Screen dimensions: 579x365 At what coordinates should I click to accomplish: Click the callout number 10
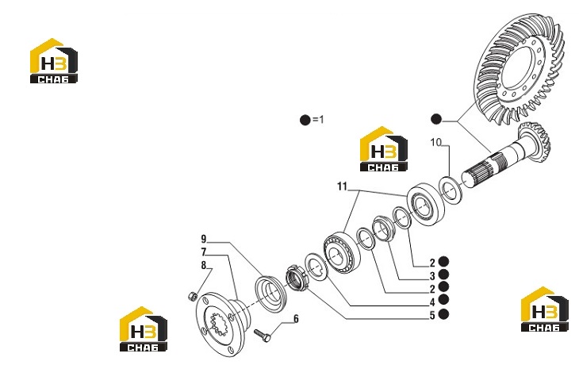[435, 142]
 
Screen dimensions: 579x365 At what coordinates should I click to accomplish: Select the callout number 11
[343, 186]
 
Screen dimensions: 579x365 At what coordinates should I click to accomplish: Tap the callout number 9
[204, 239]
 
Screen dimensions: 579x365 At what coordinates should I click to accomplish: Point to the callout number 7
[204, 252]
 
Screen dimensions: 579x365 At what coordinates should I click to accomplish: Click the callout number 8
[204, 265]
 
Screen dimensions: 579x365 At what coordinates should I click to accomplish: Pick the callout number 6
[296, 319]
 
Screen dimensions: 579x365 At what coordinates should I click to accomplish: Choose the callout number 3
[432, 276]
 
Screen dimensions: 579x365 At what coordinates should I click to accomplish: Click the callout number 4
[432, 302]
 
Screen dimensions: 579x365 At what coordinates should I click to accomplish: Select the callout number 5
[432, 316]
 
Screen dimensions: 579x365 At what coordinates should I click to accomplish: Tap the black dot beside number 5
[443, 314]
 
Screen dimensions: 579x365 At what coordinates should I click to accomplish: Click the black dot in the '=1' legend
[305, 120]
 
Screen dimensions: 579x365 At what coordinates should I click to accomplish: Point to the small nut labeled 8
[192, 296]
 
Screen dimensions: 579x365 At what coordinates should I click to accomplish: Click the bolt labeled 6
[263, 335]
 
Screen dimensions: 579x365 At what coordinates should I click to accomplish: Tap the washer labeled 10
[451, 190]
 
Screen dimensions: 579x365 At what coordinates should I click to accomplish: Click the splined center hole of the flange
[218, 323]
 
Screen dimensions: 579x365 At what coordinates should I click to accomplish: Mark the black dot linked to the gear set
[436, 119]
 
